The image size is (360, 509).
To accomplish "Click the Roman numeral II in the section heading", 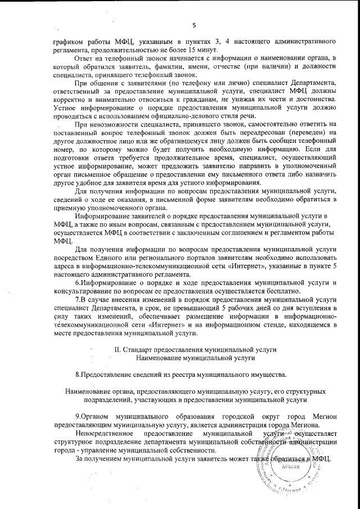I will tap(118, 349).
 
